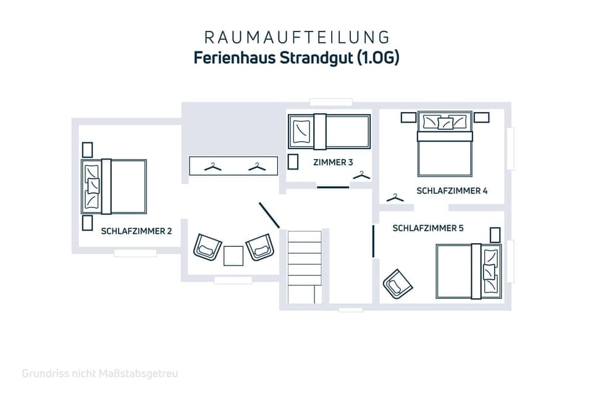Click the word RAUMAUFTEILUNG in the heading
pyautogui.click(x=297, y=37)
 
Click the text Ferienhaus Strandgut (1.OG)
pyautogui.click(x=296, y=58)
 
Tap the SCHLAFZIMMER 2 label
pyautogui.click(x=137, y=231)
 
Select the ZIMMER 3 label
pyautogui.click(x=333, y=162)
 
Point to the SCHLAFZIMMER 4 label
pyautogui.click(x=452, y=191)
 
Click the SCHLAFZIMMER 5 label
pyautogui.click(x=428, y=228)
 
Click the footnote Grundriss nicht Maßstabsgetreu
pyautogui.click(x=100, y=374)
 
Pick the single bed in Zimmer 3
pyautogui.click(x=329, y=132)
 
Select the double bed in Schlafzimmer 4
pyautogui.click(x=445, y=144)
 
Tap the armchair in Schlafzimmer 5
pyautogui.click(x=398, y=284)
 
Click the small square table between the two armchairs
pyautogui.click(x=233, y=256)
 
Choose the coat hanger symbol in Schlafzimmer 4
pyautogui.click(x=395, y=198)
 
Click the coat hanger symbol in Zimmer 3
pyautogui.click(x=361, y=176)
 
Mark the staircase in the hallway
pyautogui.click(x=305, y=267)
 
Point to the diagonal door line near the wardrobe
pyautogui.click(x=269, y=215)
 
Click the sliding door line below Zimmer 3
pyautogui.click(x=333, y=187)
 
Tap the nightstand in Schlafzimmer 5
pyautogui.click(x=495, y=235)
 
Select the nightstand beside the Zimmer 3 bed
pyautogui.click(x=293, y=162)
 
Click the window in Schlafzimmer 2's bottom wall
pyautogui.click(x=135, y=252)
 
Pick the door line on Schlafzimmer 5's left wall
pyautogui.click(x=374, y=241)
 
